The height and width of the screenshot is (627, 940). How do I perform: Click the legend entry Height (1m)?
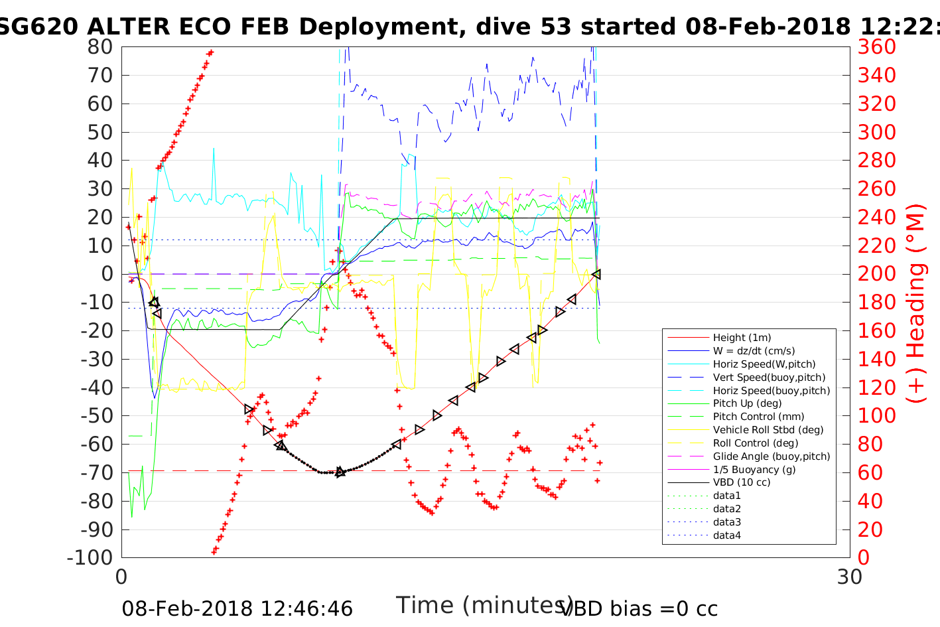(x=742, y=338)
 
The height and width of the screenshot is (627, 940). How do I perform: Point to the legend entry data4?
(x=727, y=535)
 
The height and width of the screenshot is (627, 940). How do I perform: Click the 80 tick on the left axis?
(x=101, y=47)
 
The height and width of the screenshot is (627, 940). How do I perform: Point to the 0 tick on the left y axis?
(x=107, y=274)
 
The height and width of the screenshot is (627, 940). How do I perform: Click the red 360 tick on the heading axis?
(x=876, y=47)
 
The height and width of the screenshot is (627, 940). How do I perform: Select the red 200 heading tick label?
(x=876, y=274)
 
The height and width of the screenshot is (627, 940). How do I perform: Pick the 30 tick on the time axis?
(x=850, y=577)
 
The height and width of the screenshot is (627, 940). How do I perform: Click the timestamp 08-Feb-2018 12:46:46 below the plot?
(x=237, y=608)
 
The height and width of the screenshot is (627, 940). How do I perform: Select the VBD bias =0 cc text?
(x=639, y=608)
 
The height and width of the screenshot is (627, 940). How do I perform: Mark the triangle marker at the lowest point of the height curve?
(x=340, y=472)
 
